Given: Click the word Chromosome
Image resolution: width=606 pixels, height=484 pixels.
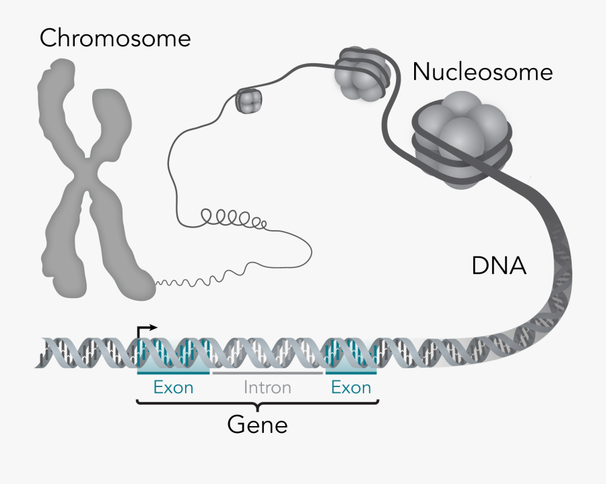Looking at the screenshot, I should (114, 38).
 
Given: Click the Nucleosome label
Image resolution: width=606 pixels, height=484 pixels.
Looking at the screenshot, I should (482, 71).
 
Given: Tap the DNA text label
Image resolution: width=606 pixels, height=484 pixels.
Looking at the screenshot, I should (499, 267).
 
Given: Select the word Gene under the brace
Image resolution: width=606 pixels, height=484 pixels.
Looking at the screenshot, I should (257, 425).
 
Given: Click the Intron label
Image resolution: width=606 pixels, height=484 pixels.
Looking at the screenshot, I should (267, 388).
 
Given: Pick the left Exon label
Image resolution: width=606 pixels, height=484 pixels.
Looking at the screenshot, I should (173, 388).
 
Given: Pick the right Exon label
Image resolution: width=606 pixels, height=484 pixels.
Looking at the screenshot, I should (351, 388).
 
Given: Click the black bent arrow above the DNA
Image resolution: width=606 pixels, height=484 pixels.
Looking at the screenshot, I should (145, 329).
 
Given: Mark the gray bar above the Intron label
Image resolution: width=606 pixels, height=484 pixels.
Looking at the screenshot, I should (267, 372).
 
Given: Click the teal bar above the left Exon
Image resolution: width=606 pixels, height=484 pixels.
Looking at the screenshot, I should (173, 372).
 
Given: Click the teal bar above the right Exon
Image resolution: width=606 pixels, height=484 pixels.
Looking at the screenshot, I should (351, 372).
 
